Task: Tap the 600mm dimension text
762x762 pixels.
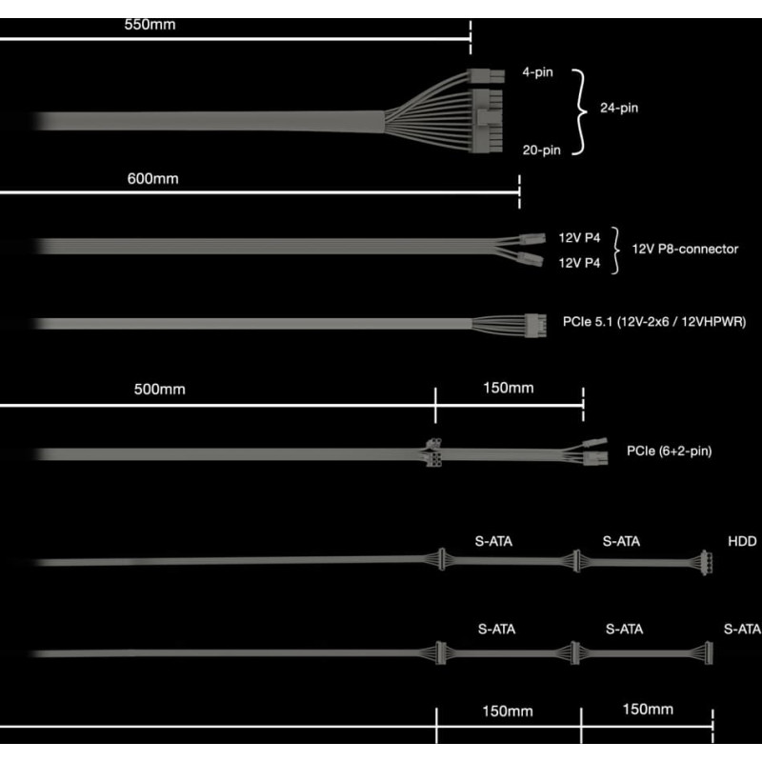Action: coord(152,178)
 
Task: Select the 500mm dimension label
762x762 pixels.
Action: coord(159,389)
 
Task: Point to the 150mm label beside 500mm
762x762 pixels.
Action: coord(508,388)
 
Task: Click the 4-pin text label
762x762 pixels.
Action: coord(537,72)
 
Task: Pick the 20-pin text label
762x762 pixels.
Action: coord(540,150)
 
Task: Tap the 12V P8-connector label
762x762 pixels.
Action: coord(685,250)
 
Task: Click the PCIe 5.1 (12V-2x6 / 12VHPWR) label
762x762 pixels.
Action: coord(653,323)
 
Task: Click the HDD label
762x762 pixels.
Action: coord(742,541)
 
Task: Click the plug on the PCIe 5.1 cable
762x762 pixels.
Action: coord(531,323)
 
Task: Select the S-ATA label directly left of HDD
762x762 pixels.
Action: coord(621,541)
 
